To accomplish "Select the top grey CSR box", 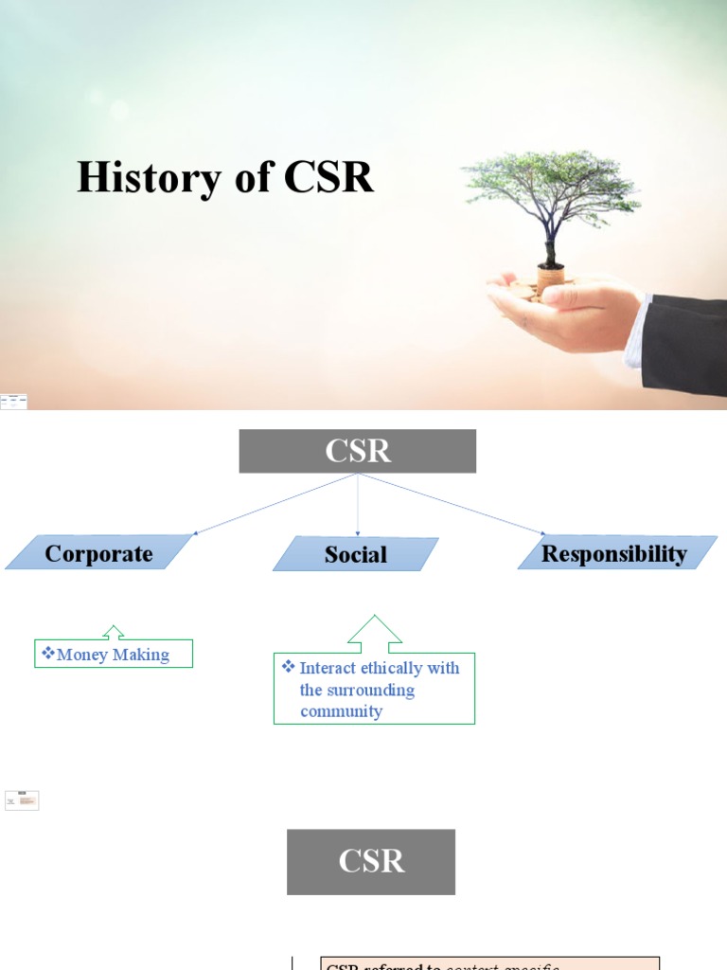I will tap(358, 451).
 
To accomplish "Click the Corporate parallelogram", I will tap(98, 553).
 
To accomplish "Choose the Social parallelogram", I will tap(356, 554).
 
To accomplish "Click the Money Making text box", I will tap(114, 655).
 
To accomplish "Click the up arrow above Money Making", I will tap(114, 631).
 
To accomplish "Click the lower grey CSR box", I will tap(371, 861).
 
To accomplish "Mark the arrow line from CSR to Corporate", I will tap(275, 504).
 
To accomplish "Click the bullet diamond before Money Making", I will tap(47, 653).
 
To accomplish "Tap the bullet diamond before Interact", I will tap(289, 667).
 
